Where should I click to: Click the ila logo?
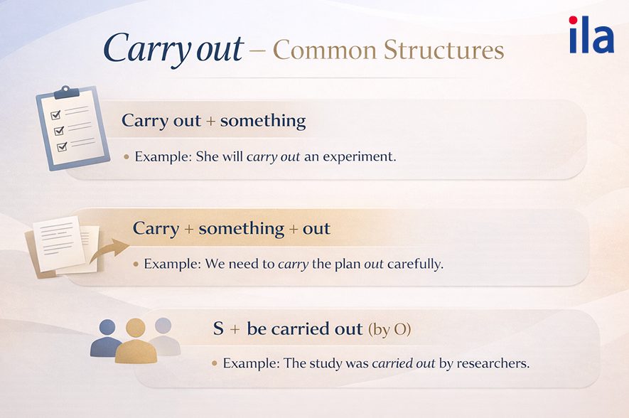(592, 35)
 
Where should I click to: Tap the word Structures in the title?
(443, 50)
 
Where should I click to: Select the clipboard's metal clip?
(66, 92)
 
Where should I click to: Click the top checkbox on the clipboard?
(55, 115)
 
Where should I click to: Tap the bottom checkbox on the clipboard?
(62, 147)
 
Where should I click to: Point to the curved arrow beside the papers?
(109, 250)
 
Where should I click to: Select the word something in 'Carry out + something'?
(263, 121)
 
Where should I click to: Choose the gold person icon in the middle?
(136, 341)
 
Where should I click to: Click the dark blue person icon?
(106, 338)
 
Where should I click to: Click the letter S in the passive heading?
(218, 329)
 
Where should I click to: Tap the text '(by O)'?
(389, 330)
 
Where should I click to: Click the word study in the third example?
(326, 364)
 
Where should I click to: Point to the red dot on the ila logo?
(574, 20)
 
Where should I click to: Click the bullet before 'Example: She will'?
(127, 157)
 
